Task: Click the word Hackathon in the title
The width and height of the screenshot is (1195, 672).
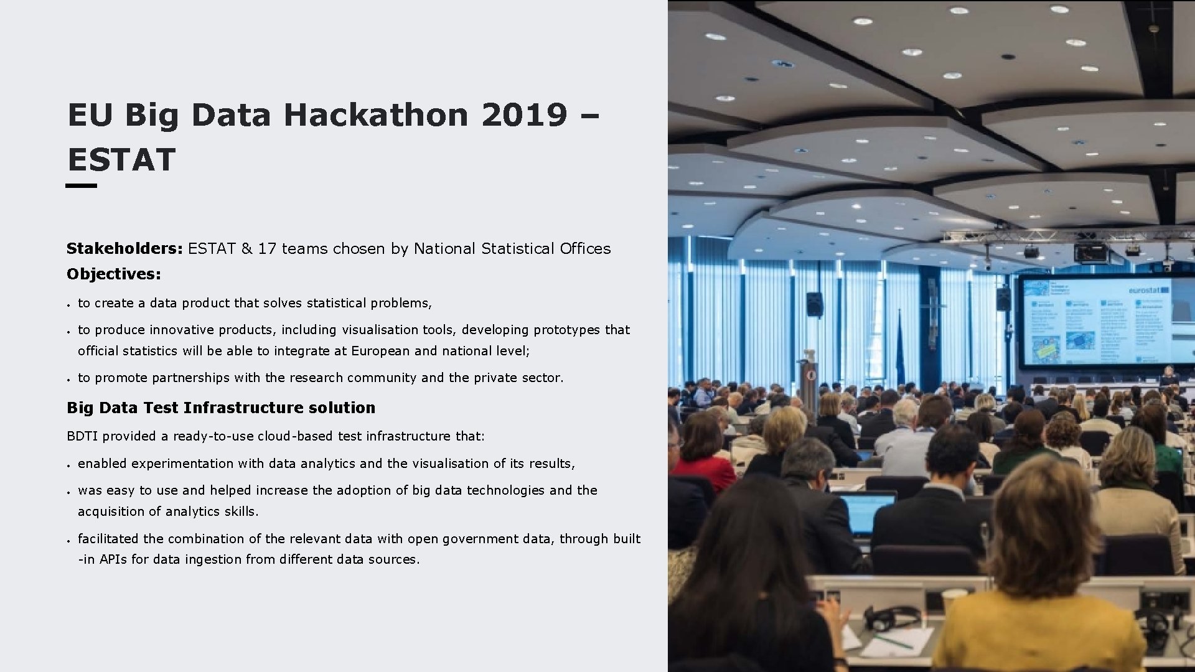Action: (x=375, y=115)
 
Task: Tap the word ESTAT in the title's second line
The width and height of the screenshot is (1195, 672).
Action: (x=121, y=160)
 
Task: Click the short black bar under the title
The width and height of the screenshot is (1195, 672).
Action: (x=82, y=185)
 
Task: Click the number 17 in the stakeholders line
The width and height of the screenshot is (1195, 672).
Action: (x=266, y=249)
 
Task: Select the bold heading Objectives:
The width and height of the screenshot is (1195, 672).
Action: (x=114, y=274)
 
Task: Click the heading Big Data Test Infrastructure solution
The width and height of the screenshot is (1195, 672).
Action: (x=221, y=408)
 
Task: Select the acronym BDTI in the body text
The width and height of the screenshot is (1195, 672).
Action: (x=82, y=436)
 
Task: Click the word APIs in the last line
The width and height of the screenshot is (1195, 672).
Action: (x=113, y=559)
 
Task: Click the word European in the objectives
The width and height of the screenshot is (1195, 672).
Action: (x=380, y=351)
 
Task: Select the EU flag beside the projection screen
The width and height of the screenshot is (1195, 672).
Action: (x=900, y=348)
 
